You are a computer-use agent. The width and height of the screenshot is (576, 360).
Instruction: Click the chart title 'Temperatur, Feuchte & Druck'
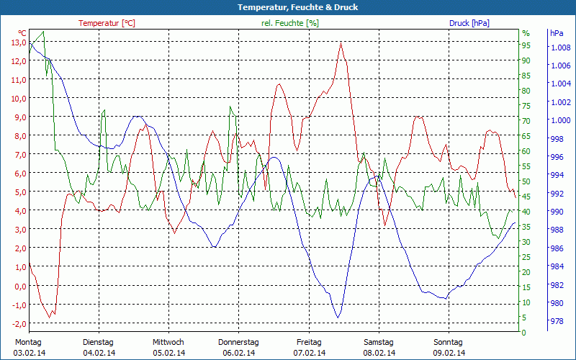tap(287, 7)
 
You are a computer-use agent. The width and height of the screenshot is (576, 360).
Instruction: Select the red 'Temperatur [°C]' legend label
tap(107, 23)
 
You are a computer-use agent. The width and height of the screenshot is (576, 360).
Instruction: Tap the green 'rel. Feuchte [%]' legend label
tap(290, 23)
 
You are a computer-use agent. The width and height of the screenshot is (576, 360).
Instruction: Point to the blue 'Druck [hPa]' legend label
tap(469, 23)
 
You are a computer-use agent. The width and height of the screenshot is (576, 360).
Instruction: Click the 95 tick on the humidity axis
tap(526, 45)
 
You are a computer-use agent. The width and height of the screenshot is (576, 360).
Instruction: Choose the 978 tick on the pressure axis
tap(557, 322)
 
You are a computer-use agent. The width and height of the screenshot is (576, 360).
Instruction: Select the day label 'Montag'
tap(28, 342)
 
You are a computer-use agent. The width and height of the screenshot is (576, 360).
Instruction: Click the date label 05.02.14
tap(168, 353)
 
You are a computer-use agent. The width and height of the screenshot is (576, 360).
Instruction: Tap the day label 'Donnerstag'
tap(238, 342)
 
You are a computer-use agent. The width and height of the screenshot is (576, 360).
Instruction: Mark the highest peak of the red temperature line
tap(341, 42)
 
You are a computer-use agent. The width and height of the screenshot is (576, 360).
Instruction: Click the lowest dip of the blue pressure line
tap(337, 318)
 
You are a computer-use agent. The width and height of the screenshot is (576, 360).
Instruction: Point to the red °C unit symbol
tap(22, 33)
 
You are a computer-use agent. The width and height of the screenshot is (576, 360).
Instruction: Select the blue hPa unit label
tap(557, 33)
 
